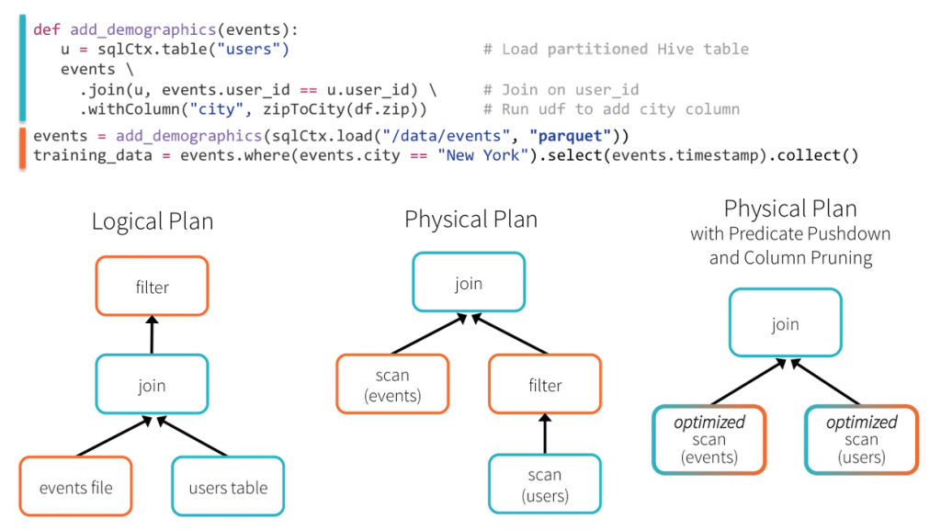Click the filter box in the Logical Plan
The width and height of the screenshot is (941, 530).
[152, 287]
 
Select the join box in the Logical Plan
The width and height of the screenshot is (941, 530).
[152, 386]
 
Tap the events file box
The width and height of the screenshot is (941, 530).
[75, 487]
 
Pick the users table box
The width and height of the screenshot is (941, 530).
[228, 487]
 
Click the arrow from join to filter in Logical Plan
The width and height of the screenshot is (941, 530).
[152, 336]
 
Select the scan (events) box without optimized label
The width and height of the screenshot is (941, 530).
[392, 385]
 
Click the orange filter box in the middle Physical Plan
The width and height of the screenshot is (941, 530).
[545, 386]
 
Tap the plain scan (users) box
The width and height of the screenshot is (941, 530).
[545, 484]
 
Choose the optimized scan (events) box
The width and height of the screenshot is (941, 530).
[709, 439]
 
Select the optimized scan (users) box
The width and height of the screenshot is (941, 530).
[861, 439]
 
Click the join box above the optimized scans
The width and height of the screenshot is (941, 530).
[785, 323]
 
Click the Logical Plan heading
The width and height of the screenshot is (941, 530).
[153, 221]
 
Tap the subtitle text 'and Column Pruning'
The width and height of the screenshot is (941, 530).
[790, 257]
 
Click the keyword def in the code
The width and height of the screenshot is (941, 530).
[46, 29]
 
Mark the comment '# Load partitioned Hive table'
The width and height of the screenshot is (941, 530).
[616, 49]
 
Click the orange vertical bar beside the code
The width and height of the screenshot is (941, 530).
[22, 147]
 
